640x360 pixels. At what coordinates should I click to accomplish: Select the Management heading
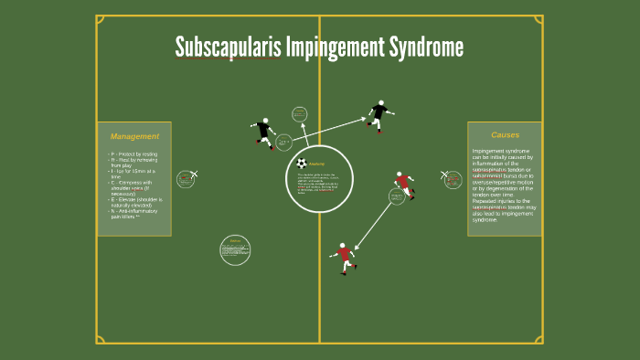point(134,136)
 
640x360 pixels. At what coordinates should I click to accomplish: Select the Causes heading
point(505,134)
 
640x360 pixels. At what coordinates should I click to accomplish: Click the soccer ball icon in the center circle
point(302,164)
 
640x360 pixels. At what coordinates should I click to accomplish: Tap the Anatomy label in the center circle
point(317,164)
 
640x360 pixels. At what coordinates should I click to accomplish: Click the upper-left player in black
point(264,133)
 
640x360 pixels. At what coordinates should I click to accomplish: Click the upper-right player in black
point(379,114)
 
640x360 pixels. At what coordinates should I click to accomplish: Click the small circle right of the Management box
point(187,178)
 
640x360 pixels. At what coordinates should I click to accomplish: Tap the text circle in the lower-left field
point(235,249)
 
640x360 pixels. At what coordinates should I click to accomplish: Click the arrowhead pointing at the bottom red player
point(357,246)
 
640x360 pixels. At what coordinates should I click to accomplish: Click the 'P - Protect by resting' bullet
point(134,154)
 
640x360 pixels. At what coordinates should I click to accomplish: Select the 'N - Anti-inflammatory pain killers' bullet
point(134,215)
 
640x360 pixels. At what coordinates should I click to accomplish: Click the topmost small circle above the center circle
point(300,114)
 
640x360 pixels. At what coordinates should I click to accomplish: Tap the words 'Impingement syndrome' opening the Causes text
point(493,151)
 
